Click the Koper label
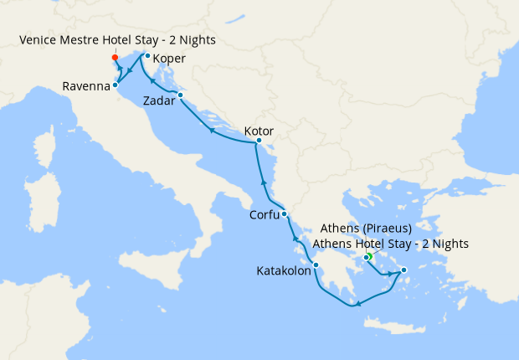coord(169,59)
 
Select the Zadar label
coord(159,100)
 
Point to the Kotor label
coord(259,131)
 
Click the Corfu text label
coord(265,215)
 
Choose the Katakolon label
coord(284,270)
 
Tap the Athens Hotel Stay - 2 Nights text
coord(390,244)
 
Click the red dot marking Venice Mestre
coord(115,58)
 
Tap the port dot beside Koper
coord(147,56)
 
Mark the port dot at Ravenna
coord(116,85)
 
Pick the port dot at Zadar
coord(180,95)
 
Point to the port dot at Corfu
coord(285,214)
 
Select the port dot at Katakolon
coord(316,265)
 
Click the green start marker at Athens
coord(368,256)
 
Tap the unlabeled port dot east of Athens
coord(403,270)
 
